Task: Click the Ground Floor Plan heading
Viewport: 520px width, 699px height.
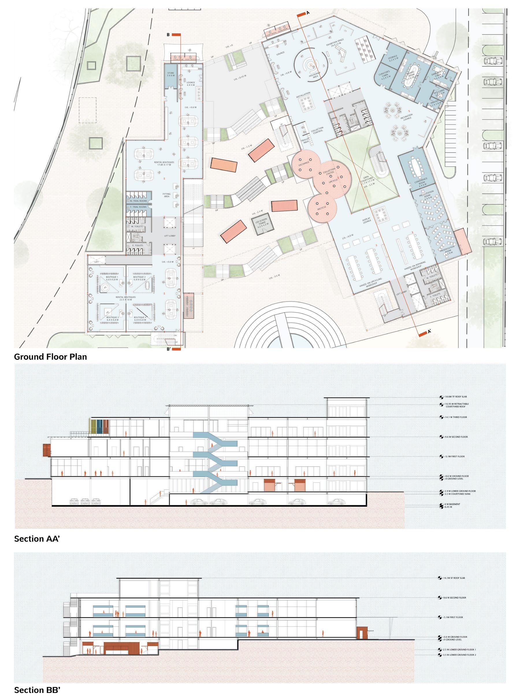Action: point(50,357)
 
